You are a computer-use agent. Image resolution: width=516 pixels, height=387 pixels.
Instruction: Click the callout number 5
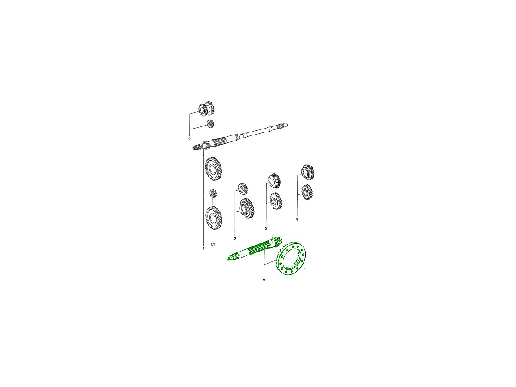click(x=190, y=138)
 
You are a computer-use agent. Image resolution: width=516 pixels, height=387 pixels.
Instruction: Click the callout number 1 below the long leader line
click(x=203, y=249)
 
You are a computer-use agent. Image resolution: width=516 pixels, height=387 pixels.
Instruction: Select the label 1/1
click(x=213, y=245)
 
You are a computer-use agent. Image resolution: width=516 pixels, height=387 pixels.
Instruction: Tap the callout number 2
click(x=235, y=239)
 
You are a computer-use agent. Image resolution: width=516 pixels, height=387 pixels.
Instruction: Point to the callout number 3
click(x=266, y=228)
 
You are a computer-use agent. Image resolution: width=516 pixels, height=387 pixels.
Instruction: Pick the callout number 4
click(x=296, y=219)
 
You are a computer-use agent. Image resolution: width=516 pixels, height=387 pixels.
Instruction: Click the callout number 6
click(x=264, y=279)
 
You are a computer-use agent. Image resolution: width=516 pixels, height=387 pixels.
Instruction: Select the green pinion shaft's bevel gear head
click(x=276, y=242)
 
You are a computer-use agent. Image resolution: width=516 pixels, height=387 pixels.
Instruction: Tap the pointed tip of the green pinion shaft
click(x=227, y=259)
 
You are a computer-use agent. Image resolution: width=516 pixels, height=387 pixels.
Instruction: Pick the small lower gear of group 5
click(x=210, y=123)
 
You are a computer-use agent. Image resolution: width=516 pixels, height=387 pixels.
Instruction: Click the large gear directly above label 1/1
click(x=214, y=218)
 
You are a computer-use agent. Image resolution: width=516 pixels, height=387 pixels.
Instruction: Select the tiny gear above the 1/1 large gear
click(x=213, y=193)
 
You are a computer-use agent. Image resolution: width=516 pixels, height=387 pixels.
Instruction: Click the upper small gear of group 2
click(x=242, y=189)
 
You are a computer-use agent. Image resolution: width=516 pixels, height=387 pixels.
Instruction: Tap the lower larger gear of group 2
click(x=246, y=208)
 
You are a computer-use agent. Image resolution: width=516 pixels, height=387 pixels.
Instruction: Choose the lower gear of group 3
click(x=276, y=201)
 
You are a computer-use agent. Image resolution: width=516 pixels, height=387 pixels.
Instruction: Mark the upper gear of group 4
click(x=308, y=172)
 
